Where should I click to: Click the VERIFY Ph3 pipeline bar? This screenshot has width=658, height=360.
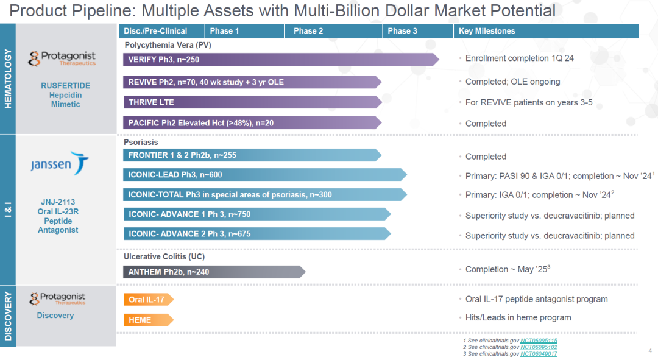(281, 60)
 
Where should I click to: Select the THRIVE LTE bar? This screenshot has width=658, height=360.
(252, 102)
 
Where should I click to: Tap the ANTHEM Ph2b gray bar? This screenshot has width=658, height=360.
(214, 272)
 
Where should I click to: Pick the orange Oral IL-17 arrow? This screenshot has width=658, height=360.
(148, 300)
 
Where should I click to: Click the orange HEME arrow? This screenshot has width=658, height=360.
(148, 320)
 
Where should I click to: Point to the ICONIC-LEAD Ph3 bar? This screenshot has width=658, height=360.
(265, 175)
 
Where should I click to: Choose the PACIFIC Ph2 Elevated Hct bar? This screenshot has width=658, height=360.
(252, 123)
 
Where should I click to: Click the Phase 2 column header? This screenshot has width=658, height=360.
(333, 31)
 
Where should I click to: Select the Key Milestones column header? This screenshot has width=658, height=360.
(546, 31)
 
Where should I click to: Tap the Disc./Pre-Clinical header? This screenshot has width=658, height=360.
(161, 31)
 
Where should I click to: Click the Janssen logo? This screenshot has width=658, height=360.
(59, 163)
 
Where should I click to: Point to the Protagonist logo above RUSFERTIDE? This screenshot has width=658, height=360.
(62, 58)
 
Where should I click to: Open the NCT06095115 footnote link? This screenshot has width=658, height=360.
(539, 341)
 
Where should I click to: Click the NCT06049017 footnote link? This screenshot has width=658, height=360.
(539, 354)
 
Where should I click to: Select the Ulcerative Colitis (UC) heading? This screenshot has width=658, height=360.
(164, 256)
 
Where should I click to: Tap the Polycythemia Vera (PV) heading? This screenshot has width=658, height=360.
(168, 45)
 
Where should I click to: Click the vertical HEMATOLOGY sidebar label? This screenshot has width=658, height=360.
(8, 79)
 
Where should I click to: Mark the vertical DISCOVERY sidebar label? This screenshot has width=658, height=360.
(8, 316)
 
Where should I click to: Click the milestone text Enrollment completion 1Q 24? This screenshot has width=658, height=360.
(520, 58)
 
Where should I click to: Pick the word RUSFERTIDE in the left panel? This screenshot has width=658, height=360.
(65, 86)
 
